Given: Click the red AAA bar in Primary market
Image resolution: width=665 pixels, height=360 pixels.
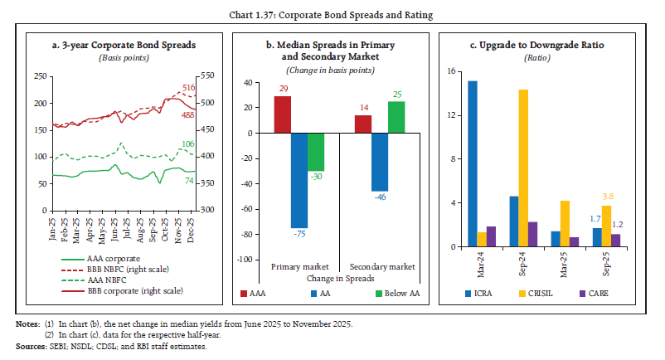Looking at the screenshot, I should tap(283, 114).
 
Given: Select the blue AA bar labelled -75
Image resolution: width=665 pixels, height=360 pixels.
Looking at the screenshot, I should tap(299, 180).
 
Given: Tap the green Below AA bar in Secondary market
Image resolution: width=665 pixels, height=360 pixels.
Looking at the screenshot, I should tap(396, 117).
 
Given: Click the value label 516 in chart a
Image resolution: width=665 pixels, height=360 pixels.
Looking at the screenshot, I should tap(189, 87).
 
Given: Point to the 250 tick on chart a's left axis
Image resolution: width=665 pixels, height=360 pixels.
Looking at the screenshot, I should tap(38, 76).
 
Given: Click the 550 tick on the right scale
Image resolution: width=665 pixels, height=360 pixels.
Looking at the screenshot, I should tap(206, 76).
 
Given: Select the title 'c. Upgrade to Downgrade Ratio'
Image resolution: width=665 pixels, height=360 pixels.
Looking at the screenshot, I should tap(537, 45).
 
